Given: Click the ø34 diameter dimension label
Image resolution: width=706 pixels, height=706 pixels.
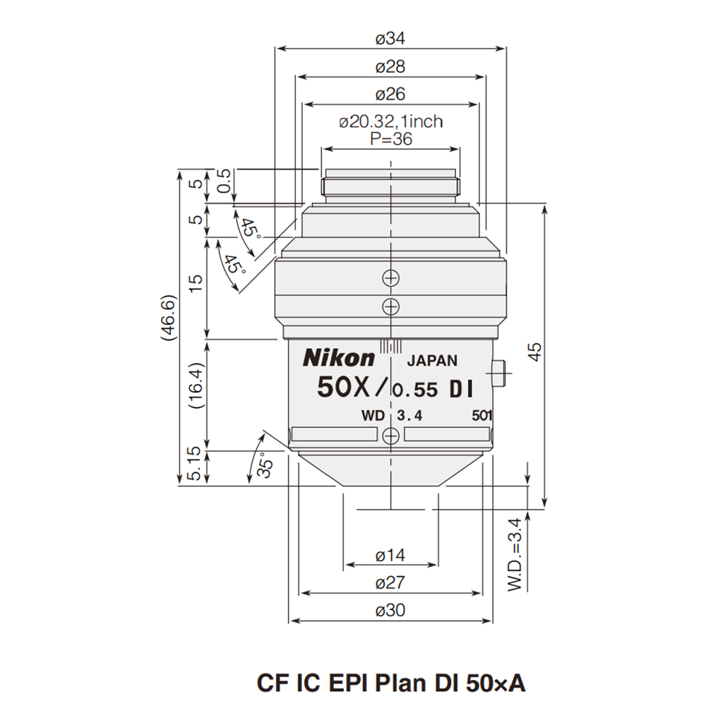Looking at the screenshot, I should point(390,39).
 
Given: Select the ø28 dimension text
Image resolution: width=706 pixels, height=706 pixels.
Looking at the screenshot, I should point(390,67).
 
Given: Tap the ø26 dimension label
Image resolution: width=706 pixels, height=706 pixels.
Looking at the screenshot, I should point(390,95).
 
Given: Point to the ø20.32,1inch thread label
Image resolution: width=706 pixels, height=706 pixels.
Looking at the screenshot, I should point(390,122).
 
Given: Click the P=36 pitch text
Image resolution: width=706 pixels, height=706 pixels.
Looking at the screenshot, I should point(390,139).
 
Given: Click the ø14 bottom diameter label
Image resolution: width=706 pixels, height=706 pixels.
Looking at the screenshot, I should point(390,556).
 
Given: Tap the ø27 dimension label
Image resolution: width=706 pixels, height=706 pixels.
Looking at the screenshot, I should point(390,583).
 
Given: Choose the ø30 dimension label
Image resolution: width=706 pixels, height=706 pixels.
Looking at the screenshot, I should point(390,611).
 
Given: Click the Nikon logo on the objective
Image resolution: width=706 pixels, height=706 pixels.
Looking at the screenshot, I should point(339,359).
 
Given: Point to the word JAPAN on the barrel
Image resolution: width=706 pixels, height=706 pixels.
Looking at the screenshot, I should point(433,360).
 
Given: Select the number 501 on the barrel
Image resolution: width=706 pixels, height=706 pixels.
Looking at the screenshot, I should point(481,416).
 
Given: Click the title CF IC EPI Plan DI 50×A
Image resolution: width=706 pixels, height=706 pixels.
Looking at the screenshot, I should point(390,683).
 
